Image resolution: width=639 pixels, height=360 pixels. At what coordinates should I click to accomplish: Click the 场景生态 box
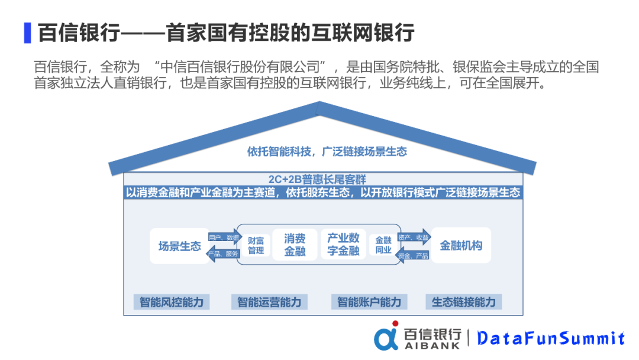[179, 246]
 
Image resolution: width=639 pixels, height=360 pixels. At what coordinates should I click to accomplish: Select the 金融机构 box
[461, 245]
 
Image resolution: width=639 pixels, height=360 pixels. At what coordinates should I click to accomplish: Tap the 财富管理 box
[256, 245]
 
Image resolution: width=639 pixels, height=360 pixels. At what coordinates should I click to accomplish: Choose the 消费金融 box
[295, 245]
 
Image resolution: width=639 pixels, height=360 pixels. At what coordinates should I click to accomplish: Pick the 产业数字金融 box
[343, 245]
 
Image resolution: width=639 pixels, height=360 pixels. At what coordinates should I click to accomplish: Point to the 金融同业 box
[383, 245]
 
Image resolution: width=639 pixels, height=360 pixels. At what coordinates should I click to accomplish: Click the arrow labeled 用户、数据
[224, 237]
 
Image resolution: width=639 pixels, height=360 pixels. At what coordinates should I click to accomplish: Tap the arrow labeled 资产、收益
[415, 237]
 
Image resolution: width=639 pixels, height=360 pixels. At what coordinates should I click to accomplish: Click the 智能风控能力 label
[171, 302]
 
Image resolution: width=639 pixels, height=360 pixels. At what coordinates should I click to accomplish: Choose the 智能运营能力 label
[269, 302]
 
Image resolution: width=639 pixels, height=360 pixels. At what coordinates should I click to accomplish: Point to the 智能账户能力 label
[369, 302]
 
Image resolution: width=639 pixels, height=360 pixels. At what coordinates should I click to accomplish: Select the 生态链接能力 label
[463, 302]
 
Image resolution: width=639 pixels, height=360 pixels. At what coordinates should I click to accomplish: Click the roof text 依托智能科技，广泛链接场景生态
[327, 152]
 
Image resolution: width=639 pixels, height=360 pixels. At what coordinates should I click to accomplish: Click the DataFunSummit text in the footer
[550, 338]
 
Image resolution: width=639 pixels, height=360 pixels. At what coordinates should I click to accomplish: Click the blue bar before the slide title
[27, 32]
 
